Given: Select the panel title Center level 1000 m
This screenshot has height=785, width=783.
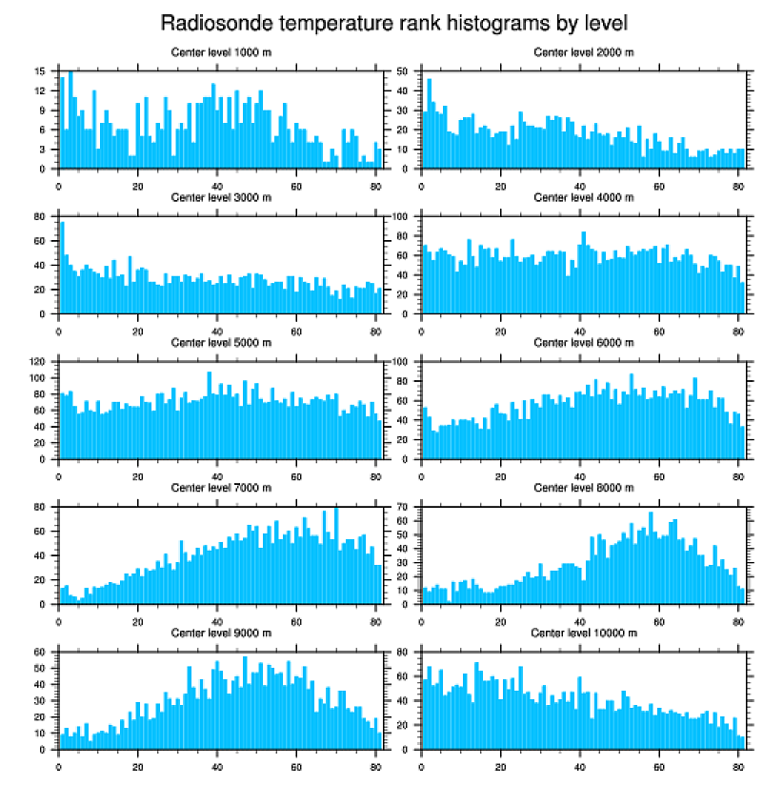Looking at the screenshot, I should (220, 51).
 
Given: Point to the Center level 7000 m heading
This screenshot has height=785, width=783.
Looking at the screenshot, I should (220, 488).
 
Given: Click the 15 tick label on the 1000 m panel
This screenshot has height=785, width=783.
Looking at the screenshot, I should (39, 71).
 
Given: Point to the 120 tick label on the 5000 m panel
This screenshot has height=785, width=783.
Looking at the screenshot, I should (37, 362).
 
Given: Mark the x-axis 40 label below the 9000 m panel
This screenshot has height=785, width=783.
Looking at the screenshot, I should (217, 763).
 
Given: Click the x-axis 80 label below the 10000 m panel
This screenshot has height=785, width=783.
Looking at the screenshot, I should (738, 763).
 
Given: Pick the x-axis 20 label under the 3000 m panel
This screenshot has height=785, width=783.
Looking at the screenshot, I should (138, 328).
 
